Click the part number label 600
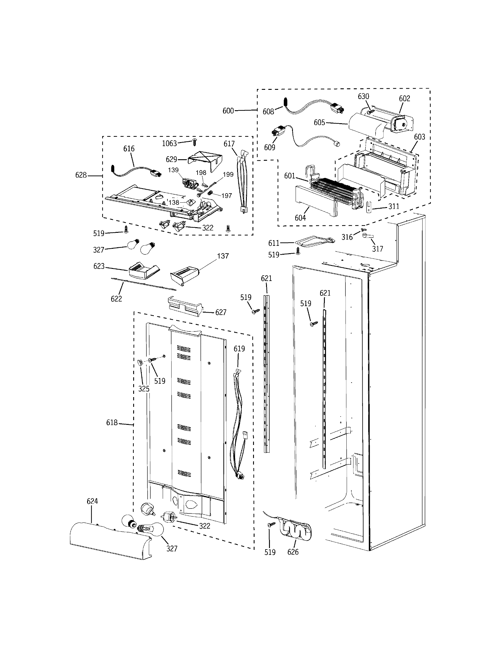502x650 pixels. (228, 111)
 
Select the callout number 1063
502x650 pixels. (169, 144)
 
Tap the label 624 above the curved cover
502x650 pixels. (92, 501)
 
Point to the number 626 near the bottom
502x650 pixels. (293, 552)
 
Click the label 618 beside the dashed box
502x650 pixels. (112, 422)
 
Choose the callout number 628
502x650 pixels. (81, 175)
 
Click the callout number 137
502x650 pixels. (223, 256)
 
